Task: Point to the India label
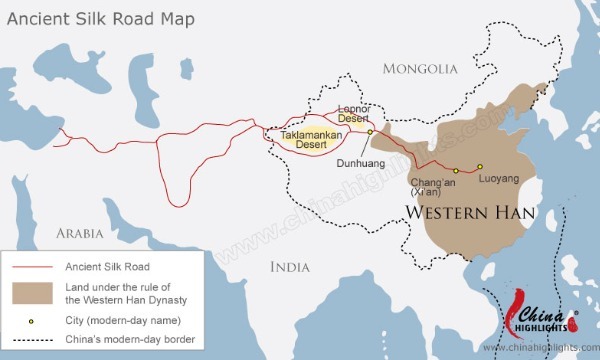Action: pos(290,266)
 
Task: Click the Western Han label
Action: pos(469,213)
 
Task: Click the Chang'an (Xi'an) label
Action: pos(438,188)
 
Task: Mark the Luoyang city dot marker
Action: pos(479,166)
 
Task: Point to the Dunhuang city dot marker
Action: pos(370,131)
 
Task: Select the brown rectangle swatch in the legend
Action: pos(32,292)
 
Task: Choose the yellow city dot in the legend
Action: pos(32,321)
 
